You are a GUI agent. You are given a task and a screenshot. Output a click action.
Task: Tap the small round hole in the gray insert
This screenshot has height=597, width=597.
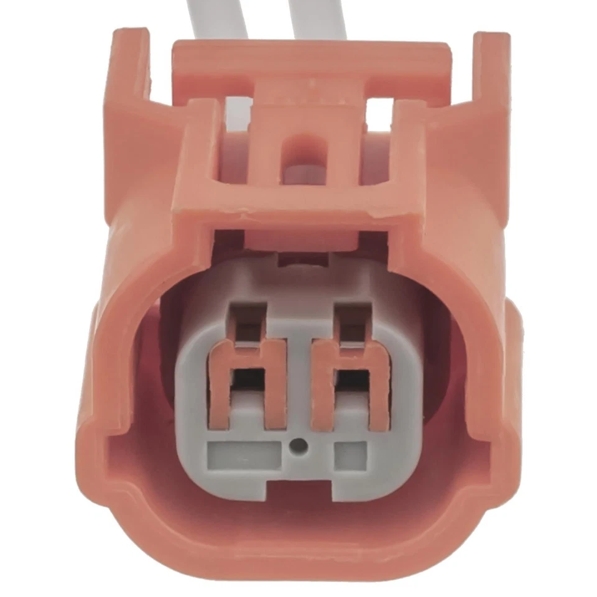click(x=300, y=445)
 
